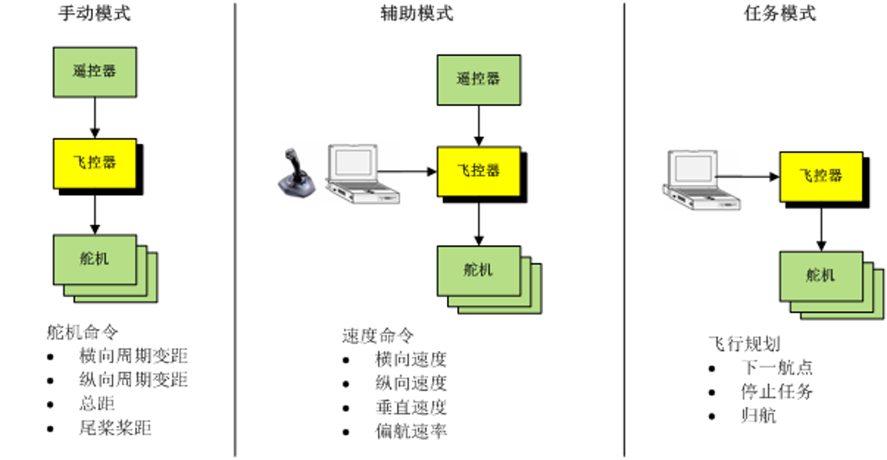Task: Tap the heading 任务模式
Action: (780, 14)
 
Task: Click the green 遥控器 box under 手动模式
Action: (94, 71)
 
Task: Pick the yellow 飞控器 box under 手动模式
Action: (94, 163)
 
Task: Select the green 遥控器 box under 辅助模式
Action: (478, 79)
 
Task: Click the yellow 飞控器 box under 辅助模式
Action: (478, 170)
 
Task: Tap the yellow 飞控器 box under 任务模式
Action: (821, 176)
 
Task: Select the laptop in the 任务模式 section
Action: (700, 180)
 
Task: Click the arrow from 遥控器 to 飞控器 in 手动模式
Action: (94, 117)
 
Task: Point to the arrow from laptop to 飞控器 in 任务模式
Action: (747, 177)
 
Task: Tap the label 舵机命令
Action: (83, 333)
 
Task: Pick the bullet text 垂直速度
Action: (411, 408)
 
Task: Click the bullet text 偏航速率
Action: (411, 432)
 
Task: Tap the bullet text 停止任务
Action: (776, 392)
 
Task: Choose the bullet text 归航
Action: (759, 415)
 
